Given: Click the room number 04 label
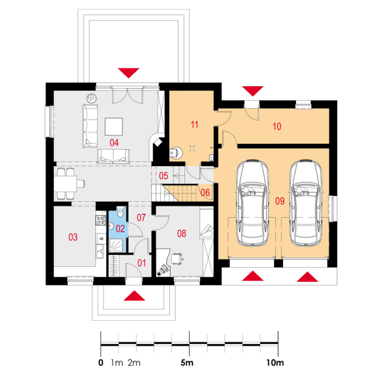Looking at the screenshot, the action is pyautogui.click(x=114, y=143).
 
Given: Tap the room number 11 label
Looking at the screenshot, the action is pyautogui.click(x=195, y=125).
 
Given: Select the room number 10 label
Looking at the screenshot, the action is pyautogui.click(x=277, y=126).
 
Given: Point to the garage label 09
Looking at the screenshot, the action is pyautogui.click(x=280, y=201).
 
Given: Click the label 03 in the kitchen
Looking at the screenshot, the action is pyautogui.click(x=73, y=237).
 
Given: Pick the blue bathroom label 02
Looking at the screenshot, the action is pyautogui.click(x=120, y=229).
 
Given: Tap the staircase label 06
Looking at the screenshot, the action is pyautogui.click(x=205, y=193).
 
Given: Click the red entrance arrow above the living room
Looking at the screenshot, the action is pyautogui.click(x=129, y=73).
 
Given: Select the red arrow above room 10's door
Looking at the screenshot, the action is pyautogui.click(x=253, y=91).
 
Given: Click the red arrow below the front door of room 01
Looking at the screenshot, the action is pyautogui.click(x=134, y=296).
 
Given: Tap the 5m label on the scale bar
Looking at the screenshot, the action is pyautogui.click(x=187, y=363).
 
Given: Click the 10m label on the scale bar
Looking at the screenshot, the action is pyautogui.click(x=275, y=363).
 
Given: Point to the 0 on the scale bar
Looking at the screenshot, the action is pyautogui.click(x=101, y=363).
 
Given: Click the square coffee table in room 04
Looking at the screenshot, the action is pyautogui.click(x=113, y=127).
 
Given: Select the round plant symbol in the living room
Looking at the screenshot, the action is pyautogui.click(x=92, y=98).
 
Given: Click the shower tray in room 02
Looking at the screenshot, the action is pyautogui.click(x=116, y=246).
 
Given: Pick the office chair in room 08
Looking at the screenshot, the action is pyautogui.click(x=178, y=258).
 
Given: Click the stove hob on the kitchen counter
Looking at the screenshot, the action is pyautogui.click(x=101, y=220).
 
